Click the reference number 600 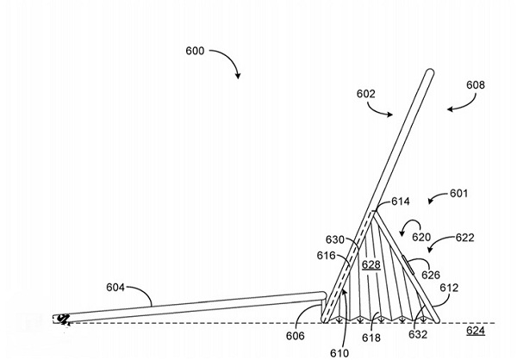(x=195, y=51)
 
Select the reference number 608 (x=476, y=85)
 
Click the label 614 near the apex (x=400, y=202)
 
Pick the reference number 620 (x=420, y=236)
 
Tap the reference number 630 (x=335, y=239)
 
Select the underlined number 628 (x=371, y=265)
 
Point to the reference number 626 (x=430, y=275)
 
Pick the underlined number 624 (x=475, y=330)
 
